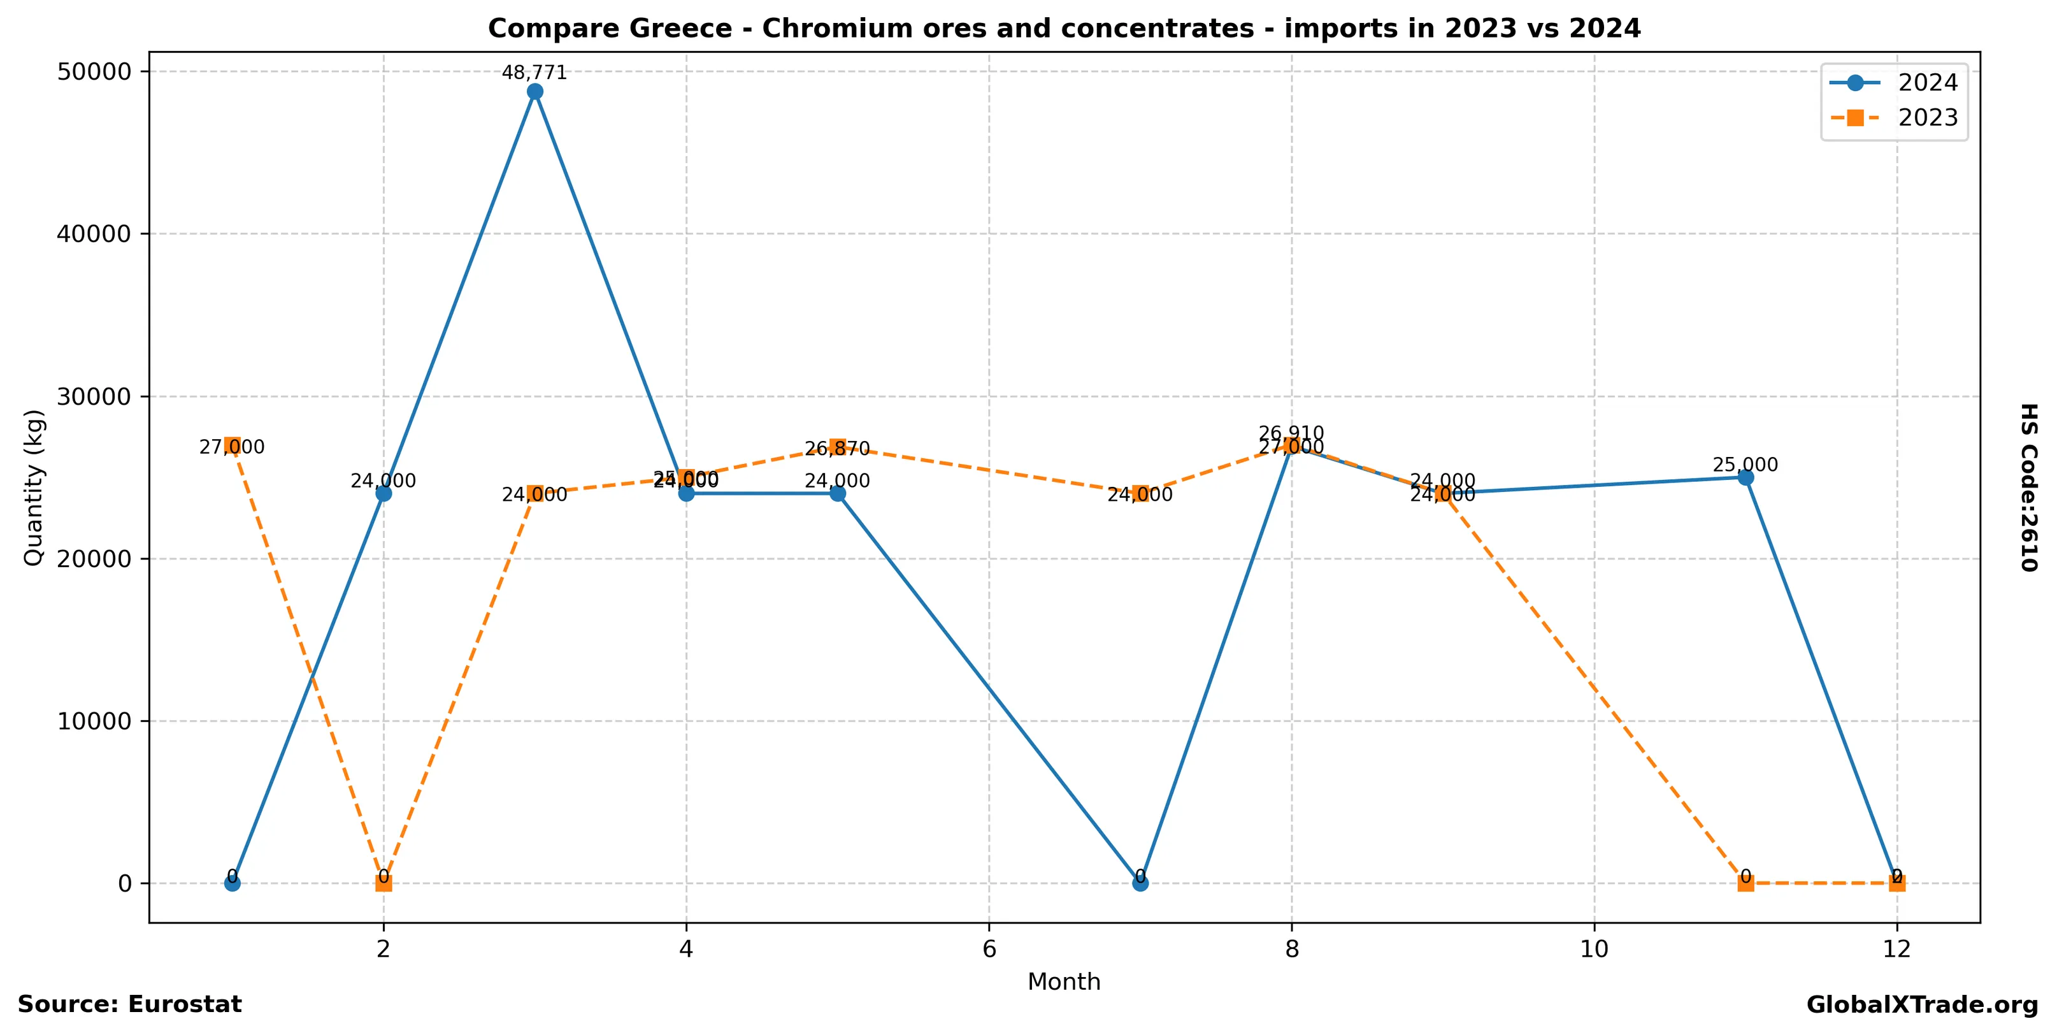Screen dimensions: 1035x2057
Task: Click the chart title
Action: (1064, 29)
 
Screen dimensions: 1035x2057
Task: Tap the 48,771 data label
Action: (534, 73)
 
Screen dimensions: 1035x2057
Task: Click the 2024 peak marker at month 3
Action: (535, 92)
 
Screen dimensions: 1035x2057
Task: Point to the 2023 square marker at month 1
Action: (233, 445)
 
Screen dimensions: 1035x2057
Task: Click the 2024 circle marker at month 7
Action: (1140, 883)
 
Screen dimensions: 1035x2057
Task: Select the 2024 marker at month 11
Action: (1745, 477)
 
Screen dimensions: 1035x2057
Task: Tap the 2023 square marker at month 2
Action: (383, 883)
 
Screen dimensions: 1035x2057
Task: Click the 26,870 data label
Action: (837, 449)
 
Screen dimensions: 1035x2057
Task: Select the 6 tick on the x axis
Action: (989, 949)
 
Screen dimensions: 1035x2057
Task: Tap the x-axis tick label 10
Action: (1594, 949)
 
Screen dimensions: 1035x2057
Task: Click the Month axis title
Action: (1064, 981)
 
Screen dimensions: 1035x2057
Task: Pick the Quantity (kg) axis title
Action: (34, 487)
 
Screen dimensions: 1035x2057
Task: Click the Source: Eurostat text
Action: (129, 1004)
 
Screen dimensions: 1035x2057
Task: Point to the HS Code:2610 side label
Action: (2029, 487)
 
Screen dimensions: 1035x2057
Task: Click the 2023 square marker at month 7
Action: (1140, 493)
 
